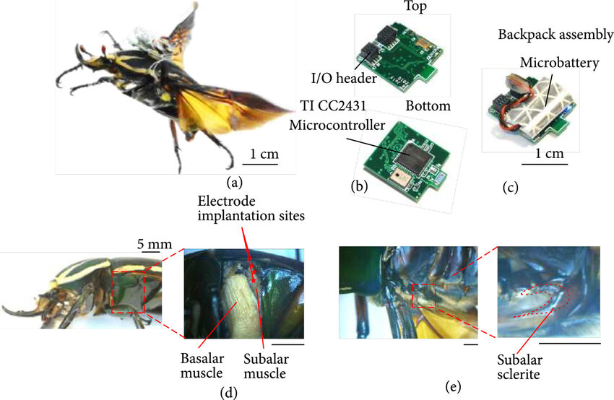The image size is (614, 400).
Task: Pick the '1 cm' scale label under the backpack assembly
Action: pyautogui.click(x=542, y=154)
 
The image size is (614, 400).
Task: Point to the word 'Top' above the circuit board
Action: pyautogui.click(x=402, y=6)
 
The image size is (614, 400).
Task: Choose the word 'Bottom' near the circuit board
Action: pyautogui.click(x=428, y=106)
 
